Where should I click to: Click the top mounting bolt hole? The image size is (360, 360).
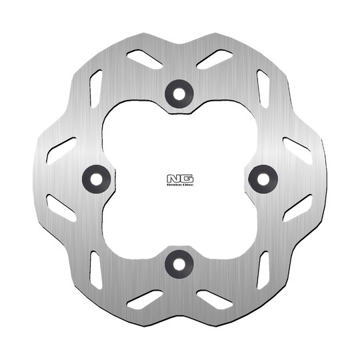pyautogui.click(x=179, y=94)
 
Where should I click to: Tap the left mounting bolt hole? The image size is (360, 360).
pyautogui.click(x=97, y=179)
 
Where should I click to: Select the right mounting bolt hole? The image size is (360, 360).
pyautogui.click(x=263, y=179)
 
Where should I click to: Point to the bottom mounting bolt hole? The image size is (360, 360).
pyautogui.click(x=179, y=264)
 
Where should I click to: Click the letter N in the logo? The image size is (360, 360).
pyautogui.click(x=173, y=179)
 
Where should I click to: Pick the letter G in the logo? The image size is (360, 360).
pyautogui.click(x=187, y=179)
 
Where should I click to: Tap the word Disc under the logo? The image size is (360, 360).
pyautogui.click(x=188, y=185)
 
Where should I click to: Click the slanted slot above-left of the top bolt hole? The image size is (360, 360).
pyautogui.click(x=145, y=59)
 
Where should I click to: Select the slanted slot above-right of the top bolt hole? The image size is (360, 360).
pyautogui.click(x=215, y=59)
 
